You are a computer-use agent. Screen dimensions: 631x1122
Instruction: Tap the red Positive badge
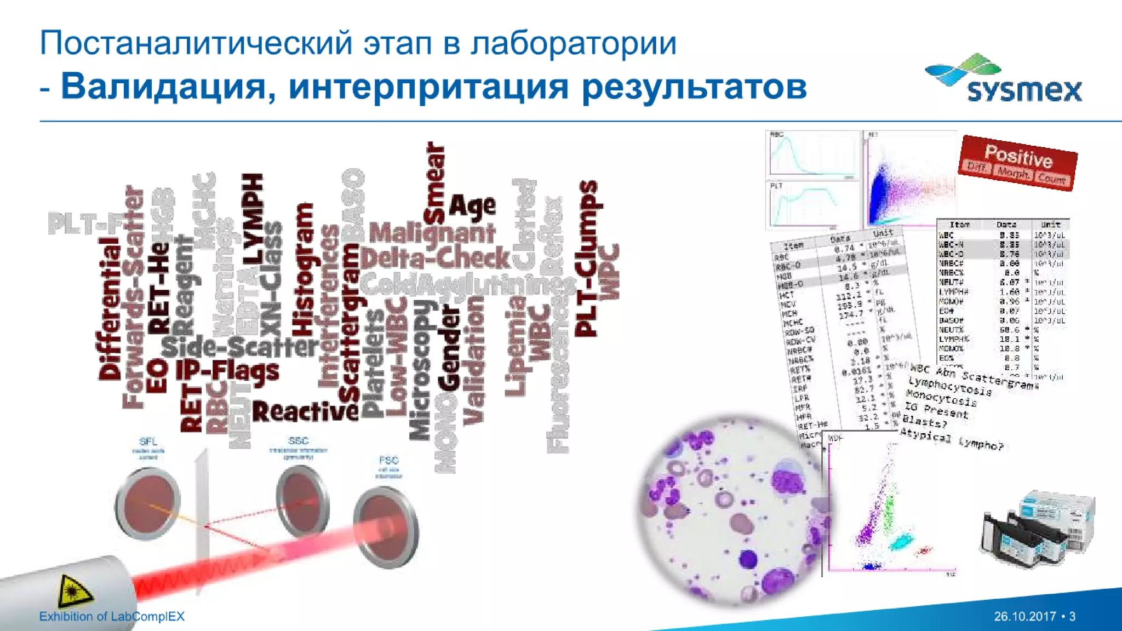[1018, 163]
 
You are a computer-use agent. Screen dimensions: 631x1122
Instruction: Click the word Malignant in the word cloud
[432, 233]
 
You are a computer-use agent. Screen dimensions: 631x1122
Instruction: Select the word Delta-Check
[435, 258]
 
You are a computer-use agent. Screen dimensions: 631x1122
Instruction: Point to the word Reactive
[305, 412]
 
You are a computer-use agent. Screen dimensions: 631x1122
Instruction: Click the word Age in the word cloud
[472, 206]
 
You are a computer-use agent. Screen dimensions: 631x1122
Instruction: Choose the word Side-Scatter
[240, 347]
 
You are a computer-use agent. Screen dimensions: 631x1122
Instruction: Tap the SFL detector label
[148, 441]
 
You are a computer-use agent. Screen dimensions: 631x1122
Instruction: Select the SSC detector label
[298, 441]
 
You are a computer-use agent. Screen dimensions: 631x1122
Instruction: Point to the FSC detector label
[388, 461]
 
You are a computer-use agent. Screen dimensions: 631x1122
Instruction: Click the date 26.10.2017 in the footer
[1024, 616]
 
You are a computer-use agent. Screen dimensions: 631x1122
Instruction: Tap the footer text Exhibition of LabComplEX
[112, 616]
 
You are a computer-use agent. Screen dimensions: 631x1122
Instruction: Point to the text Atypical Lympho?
[952, 440]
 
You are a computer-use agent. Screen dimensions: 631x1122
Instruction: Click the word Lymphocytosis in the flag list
[950, 386]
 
